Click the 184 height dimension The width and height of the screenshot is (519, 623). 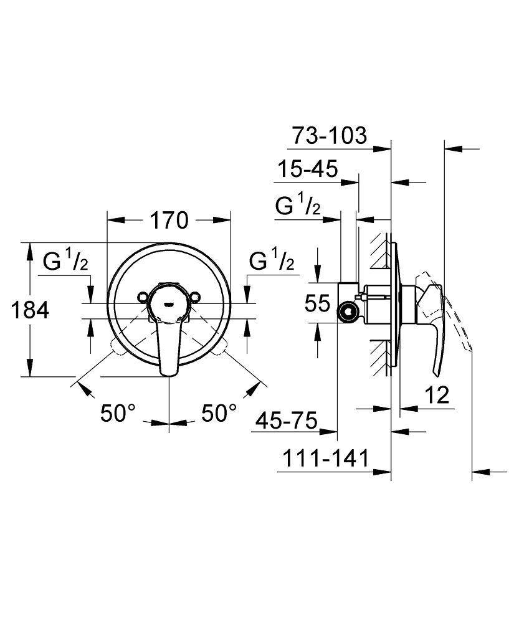click(30, 310)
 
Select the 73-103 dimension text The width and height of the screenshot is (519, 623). click(330, 135)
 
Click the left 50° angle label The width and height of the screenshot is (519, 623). click(118, 413)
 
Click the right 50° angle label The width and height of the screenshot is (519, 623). click(219, 413)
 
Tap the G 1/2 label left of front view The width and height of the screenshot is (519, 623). click(65, 262)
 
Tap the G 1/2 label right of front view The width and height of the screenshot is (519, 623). click(271, 262)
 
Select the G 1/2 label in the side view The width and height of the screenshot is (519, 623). click(298, 206)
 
